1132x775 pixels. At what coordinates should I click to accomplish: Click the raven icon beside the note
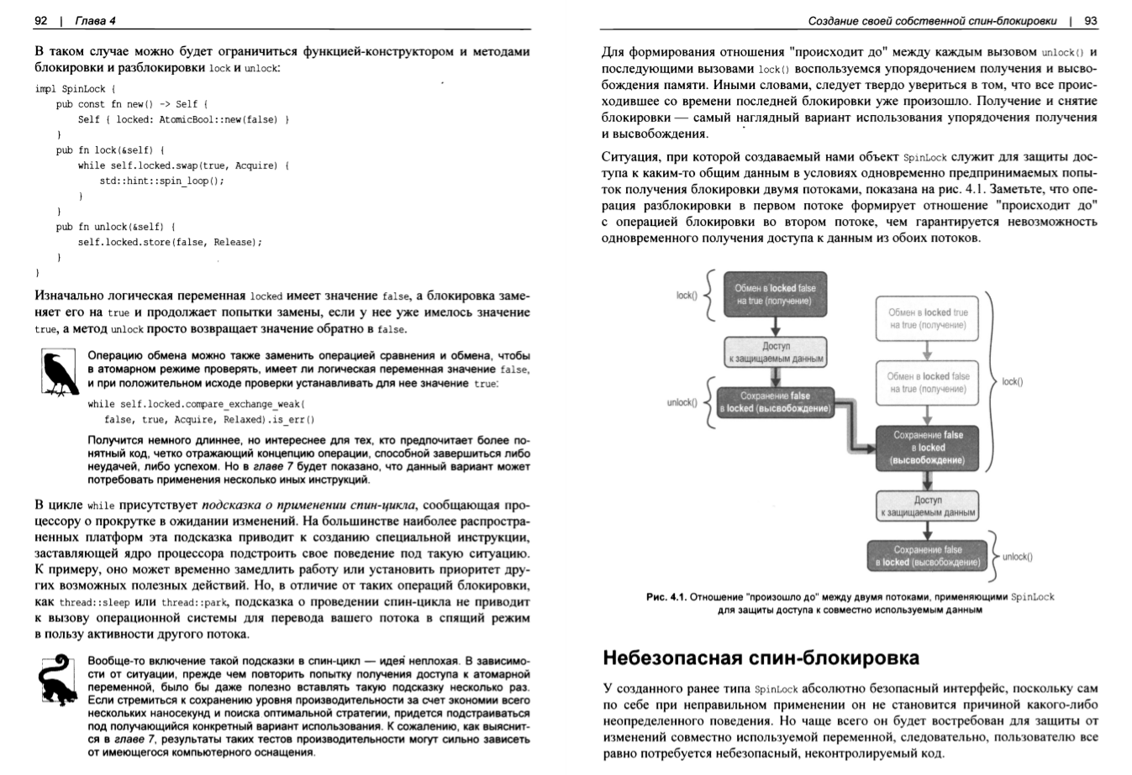tap(59, 374)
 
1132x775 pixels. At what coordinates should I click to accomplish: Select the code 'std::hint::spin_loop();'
tap(161, 181)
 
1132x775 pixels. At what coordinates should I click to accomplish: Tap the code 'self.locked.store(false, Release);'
tap(170, 242)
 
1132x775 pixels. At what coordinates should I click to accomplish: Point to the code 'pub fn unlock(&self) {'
tap(115, 227)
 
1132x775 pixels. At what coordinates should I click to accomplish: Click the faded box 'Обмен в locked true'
tap(928, 318)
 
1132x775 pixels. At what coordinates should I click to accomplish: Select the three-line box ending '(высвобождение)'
tap(929, 448)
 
